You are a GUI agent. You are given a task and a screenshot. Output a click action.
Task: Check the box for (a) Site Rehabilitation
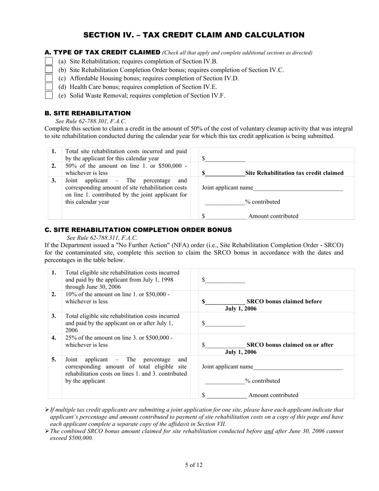[49, 61]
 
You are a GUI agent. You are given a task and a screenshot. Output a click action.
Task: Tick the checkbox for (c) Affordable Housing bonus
[49, 78]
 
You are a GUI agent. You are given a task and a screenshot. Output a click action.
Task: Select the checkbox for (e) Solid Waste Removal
[49, 95]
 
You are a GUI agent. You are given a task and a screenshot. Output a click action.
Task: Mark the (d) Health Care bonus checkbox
[49, 87]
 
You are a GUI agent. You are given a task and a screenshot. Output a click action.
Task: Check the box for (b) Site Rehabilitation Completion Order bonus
[49, 70]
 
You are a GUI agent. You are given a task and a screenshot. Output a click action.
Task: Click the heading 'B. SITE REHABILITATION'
[87, 113]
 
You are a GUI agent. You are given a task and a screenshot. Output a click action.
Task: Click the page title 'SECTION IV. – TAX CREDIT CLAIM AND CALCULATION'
[193, 35]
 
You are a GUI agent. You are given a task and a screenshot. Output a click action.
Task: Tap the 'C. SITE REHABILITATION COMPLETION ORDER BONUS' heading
[138, 230]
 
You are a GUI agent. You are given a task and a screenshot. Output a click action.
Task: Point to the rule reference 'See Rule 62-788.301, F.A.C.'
[91, 121]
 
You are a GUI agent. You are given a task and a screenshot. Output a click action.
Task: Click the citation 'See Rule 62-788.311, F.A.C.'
[102, 238]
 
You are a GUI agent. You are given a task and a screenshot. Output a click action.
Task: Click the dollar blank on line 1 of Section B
[225, 159]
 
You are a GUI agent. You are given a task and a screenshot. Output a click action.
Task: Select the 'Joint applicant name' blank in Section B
[298, 188]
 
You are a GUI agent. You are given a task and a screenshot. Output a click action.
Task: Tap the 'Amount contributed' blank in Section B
[226, 216]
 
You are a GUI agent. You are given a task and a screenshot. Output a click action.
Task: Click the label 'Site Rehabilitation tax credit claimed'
[294, 173]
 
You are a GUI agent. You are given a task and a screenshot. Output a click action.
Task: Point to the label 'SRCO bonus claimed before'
[284, 301]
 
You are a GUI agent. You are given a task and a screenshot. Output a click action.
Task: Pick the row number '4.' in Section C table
[54, 338]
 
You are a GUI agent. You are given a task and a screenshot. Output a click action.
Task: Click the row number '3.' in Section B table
[54, 180]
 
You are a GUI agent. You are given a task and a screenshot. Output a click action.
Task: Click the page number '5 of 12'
[193, 465]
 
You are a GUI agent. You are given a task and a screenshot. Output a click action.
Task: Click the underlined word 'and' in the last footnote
[268, 431]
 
